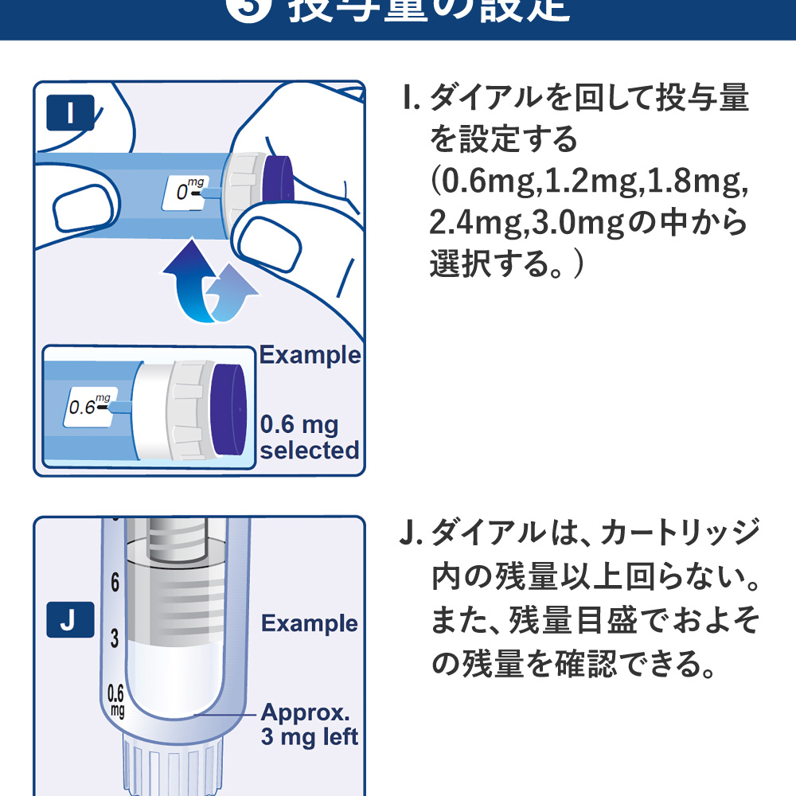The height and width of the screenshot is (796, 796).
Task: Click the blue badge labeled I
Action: pyautogui.click(x=71, y=113)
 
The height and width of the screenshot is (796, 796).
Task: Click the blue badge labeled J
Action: pyautogui.click(x=69, y=620)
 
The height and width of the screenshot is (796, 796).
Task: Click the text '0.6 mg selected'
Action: pyautogui.click(x=309, y=437)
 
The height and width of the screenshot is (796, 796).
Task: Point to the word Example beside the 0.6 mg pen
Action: pyautogui.click(x=310, y=355)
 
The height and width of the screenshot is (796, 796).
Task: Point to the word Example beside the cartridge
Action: pyautogui.click(x=310, y=623)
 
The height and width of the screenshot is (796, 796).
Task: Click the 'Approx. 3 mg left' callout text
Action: pyautogui.click(x=309, y=724)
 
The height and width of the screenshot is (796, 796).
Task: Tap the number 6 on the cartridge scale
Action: pyautogui.click(x=115, y=583)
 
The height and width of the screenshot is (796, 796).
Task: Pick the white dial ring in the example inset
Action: pyautogui.click(x=179, y=411)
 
